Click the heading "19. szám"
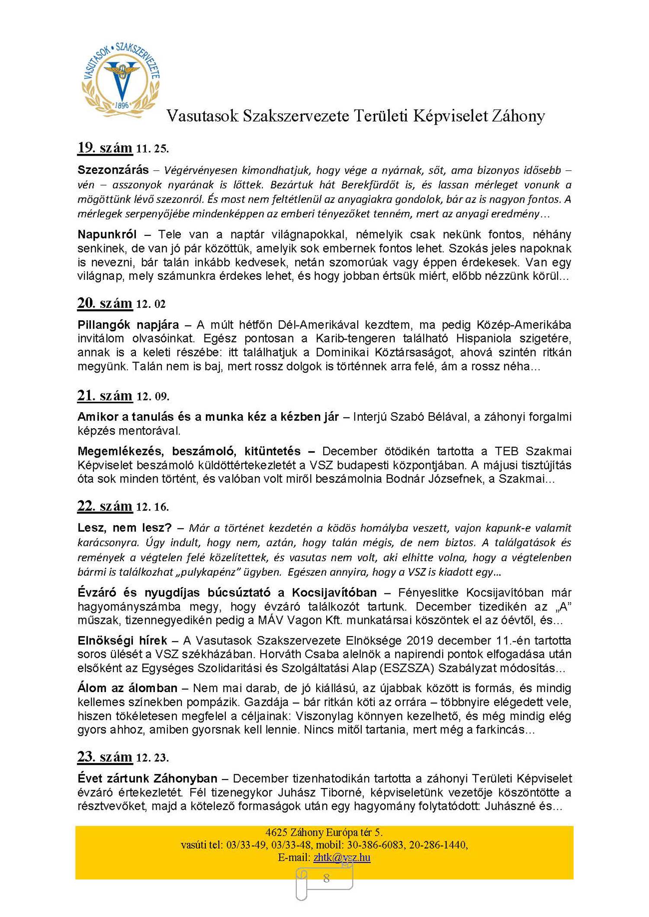coord(105,148)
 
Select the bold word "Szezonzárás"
coord(113,170)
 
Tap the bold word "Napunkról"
coord(107,234)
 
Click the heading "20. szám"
coord(105,303)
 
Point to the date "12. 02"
coord(151,305)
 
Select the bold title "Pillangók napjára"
coord(128,325)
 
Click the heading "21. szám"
coord(105,396)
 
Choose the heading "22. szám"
coord(105,506)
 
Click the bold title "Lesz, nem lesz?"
coord(125,528)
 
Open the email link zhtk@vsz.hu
coord(342,857)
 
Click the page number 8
coord(326,878)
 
